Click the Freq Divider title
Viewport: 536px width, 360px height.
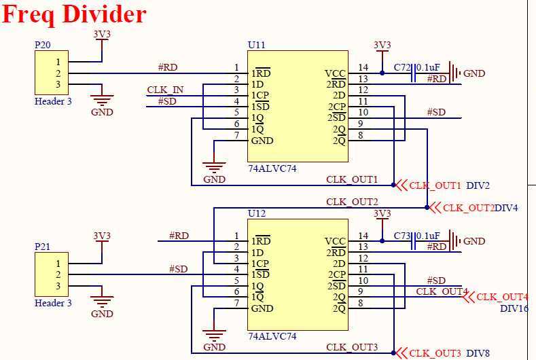click(x=74, y=14)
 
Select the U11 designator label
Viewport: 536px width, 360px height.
click(x=257, y=45)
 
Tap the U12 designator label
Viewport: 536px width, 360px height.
click(x=257, y=213)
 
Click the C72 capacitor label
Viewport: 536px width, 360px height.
click(x=403, y=67)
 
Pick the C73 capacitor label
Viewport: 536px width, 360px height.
click(x=403, y=235)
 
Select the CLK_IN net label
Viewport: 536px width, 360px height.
click(x=165, y=90)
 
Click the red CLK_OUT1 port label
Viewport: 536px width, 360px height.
click(x=435, y=185)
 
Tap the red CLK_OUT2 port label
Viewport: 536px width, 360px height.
click(x=468, y=208)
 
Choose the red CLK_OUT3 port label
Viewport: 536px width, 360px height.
click(x=435, y=353)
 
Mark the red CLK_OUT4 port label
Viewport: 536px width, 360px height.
click(x=502, y=297)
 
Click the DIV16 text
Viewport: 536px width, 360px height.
click(x=514, y=308)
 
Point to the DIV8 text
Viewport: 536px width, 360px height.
click(x=478, y=353)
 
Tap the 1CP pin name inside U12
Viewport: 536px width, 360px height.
click(x=260, y=264)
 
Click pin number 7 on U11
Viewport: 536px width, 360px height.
click(x=236, y=135)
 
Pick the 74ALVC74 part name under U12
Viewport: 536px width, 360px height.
click(x=272, y=336)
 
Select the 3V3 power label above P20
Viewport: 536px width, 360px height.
click(x=101, y=34)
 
